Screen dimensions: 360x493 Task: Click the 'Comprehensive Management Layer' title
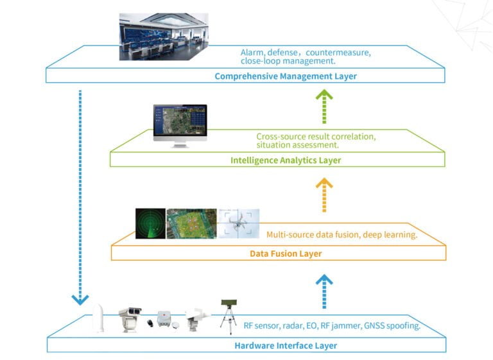click(x=286, y=76)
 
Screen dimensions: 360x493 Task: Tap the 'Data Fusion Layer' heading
click(x=286, y=253)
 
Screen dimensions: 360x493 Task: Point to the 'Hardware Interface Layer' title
click(x=286, y=345)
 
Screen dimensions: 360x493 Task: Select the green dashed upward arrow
click(x=325, y=107)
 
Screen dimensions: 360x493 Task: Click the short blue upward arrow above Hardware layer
click(x=325, y=291)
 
